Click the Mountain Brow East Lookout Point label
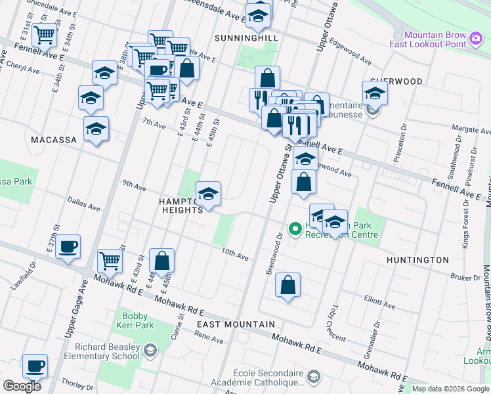tap(435, 40)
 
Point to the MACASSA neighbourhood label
tap(53, 140)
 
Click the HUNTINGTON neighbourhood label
tap(417, 260)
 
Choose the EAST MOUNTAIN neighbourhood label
tap(236, 324)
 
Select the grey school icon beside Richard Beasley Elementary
tap(150, 351)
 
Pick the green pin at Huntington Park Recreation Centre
tap(295, 229)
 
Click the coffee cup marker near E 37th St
tap(68, 248)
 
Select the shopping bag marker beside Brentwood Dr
tap(288, 285)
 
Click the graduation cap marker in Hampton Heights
tap(209, 194)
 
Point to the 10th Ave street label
tap(235, 254)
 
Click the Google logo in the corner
tap(22, 385)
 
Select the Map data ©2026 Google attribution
tap(450, 389)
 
